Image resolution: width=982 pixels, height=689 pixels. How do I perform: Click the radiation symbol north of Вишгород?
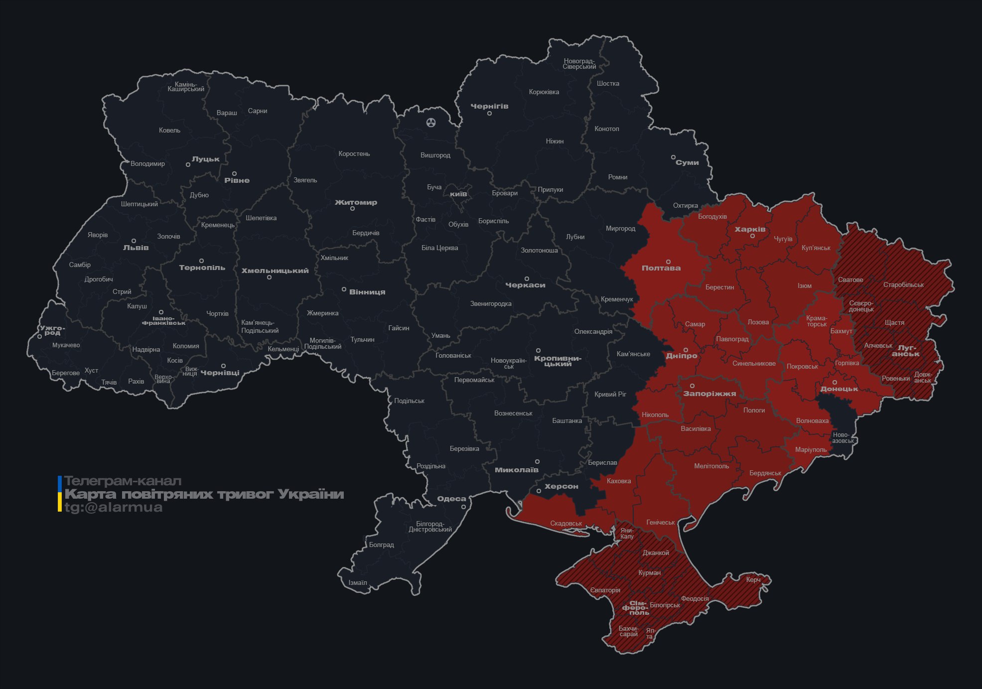[x=431, y=122]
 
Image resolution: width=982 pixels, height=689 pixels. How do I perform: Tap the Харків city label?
[x=750, y=230]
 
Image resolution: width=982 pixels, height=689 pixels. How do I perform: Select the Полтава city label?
[x=661, y=268]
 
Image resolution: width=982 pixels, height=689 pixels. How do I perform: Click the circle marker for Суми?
[x=673, y=157]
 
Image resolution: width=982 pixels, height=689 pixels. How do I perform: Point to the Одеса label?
[x=451, y=499]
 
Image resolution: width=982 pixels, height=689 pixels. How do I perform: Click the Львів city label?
[x=136, y=248]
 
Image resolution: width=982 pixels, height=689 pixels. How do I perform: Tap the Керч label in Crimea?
[x=753, y=579]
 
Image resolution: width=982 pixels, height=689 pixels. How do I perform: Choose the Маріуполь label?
[x=811, y=450]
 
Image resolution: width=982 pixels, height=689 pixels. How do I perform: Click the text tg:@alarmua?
[x=114, y=507]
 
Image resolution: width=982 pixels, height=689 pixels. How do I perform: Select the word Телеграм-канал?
[x=123, y=481]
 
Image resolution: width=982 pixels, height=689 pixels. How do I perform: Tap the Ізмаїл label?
[x=358, y=582]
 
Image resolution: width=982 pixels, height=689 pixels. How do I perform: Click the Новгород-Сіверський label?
[x=579, y=64]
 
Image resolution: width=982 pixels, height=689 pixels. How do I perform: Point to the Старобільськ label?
[x=903, y=285]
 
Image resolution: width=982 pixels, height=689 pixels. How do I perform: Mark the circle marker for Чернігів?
[x=489, y=114]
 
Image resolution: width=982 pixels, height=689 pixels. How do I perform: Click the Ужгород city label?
[x=52, y=330]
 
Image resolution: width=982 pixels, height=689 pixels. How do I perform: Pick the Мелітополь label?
[x=711, y=466]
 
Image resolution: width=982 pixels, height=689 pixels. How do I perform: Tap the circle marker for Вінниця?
[x=344, y=289]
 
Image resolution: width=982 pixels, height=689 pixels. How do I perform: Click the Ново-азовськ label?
[x=842, y=438]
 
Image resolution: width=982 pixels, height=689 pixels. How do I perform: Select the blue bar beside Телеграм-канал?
[x=60, y=483]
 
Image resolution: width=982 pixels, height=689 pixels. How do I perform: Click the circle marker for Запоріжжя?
[x=692, y=386]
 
